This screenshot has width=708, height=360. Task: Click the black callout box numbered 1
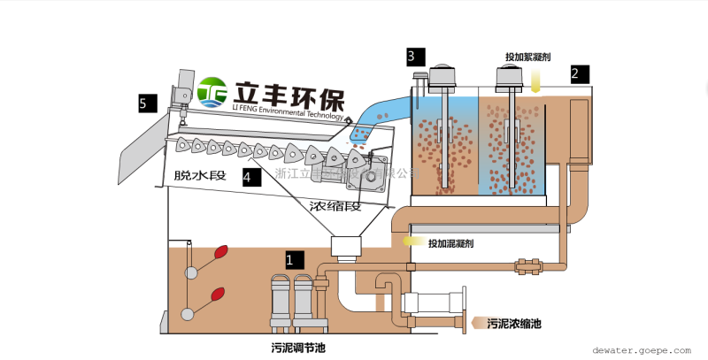(x=295, y=260)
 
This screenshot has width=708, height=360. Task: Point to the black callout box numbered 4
(x=252, y=177)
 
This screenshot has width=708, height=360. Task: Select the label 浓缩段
(x=335, y=206)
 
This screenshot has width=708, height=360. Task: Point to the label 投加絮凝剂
(x=530, y=57)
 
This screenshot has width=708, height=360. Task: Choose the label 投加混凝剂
(x=455, y=243)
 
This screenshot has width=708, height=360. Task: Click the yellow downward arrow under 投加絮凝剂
(x=536, y=80)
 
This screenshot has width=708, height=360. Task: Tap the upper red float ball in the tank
(x=220, y=251)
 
